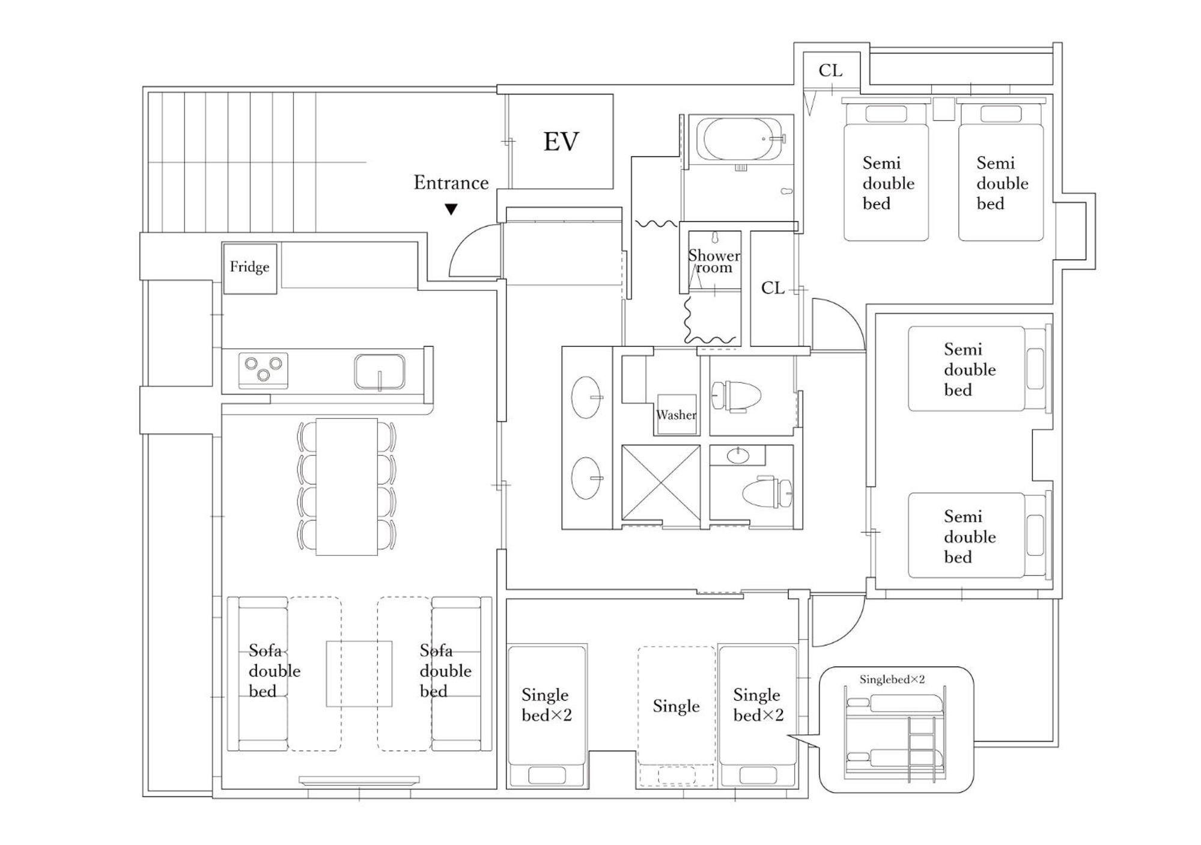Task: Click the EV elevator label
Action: click(561, 142)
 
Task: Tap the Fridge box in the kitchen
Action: click(250, 268)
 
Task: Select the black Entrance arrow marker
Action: click(451, 209)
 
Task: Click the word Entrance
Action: click(451, 183)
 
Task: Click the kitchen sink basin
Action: click(379, 371)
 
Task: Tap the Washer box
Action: click(677, 414)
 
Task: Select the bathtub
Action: click(743, 139)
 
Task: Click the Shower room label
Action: click(714, 261)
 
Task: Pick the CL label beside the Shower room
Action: click(773, 288)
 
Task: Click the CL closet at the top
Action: click(831, 71)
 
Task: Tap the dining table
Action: click(347, 487)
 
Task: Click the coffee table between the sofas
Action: click(359, 674)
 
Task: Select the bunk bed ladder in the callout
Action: click(922, 749)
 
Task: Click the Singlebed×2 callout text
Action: click(892, 680)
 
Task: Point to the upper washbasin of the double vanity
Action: click(586, 397)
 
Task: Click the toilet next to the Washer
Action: click(736, 396)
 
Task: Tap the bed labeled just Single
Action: click(677, 716)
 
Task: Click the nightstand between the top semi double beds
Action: click(943, 109)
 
